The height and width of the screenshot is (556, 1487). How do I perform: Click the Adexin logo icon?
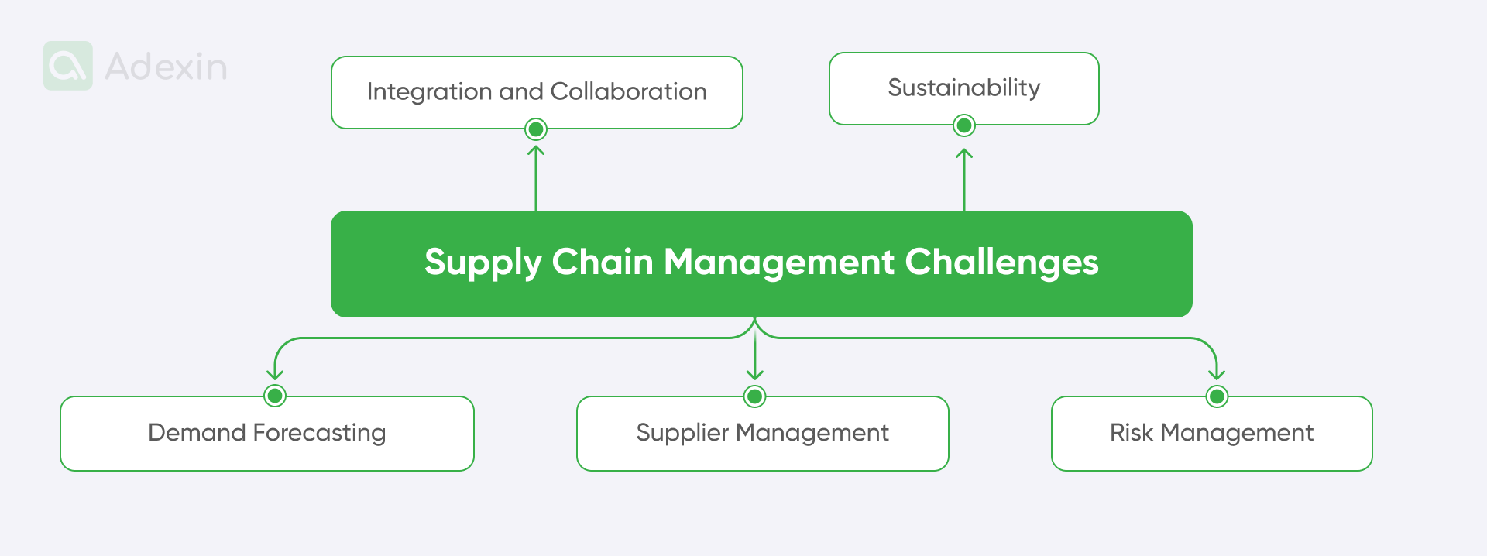tap(68, 66)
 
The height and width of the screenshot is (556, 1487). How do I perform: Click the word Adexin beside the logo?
tap(166, 67)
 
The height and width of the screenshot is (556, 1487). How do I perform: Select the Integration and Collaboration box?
tap(537, 91)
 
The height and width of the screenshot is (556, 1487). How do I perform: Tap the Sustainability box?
tap(963, 88)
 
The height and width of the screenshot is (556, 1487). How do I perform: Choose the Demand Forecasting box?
tap(266, 433)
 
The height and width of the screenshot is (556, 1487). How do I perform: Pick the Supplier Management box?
tap(762, 433)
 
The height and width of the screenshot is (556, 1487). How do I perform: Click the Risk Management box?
tap(1211, 433)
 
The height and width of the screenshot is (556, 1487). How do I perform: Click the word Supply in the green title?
tap(483, 263)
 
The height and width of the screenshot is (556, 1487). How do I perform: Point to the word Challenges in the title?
tap(1001, 263)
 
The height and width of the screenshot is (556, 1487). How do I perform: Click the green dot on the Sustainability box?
tap(964, 125)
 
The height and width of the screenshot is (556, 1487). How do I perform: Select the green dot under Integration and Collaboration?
tap(536, 129)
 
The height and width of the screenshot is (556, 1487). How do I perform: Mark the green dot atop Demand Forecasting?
tap(275, 396)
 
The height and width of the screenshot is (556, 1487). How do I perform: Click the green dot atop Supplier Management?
tap(755, 396)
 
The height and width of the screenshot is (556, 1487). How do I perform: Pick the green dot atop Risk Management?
tap(1217, 396)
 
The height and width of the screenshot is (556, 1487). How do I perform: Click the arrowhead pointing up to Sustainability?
tap(964, 153)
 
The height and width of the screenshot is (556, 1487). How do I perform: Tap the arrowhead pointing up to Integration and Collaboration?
tap(536, 150)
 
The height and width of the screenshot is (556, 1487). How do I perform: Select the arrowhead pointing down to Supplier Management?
tap(755, 376)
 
